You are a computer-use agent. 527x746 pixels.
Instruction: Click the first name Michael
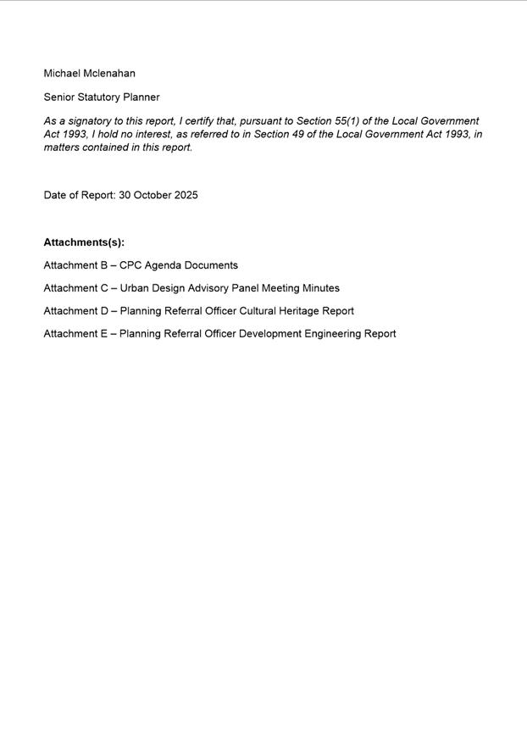click(x=62, y=74)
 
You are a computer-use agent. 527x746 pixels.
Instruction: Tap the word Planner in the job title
click(x=142, y=97)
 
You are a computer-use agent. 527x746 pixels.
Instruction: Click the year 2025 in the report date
click(x=186, y=195)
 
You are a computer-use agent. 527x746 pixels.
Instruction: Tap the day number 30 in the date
click(x=125, y=195)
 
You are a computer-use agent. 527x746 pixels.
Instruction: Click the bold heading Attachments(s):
click(x=84, y=242)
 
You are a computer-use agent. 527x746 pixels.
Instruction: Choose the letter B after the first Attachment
click(x=103, y=265)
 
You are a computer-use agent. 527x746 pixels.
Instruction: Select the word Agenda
click(x=163, y=265)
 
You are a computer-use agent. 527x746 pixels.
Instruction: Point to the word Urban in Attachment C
click(x=133, y=288)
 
